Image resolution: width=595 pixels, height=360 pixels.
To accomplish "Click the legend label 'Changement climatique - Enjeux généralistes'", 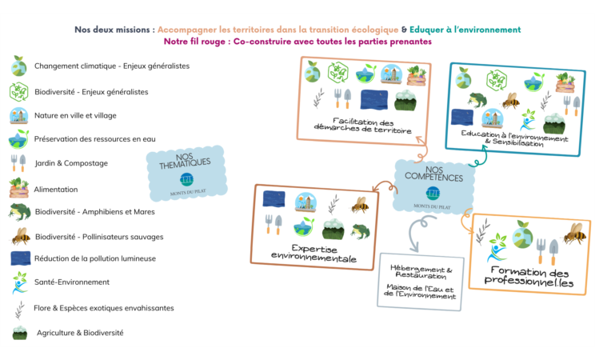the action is point(111,66).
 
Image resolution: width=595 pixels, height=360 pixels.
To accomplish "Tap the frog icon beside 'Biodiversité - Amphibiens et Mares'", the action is point(19,212).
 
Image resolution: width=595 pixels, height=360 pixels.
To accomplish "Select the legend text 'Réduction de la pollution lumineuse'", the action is point(94,258).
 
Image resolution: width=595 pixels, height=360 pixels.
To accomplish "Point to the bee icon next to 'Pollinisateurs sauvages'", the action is point(21,236).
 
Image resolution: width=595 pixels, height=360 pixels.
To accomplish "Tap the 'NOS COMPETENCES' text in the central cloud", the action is point(434,174).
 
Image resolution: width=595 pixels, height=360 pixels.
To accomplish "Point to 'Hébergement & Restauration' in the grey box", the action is point(421,273).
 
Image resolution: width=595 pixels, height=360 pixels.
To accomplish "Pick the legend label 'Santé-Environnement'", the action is point(72,282).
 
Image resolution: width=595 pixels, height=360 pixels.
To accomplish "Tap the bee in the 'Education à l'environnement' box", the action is point(511,101).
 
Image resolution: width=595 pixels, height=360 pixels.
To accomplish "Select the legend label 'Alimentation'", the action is point(56,190).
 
